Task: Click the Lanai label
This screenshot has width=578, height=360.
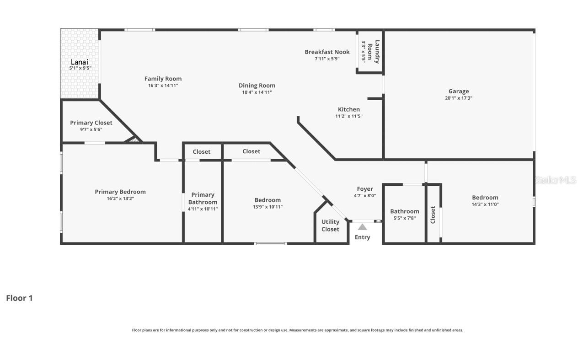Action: click(79, 62)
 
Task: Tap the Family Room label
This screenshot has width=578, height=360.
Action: click(163, 79)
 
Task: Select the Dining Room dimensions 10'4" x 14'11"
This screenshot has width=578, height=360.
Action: click(257, 92)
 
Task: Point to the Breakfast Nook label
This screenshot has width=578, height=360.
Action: click(327, 52)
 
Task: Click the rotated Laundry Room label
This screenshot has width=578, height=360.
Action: click(374, 51)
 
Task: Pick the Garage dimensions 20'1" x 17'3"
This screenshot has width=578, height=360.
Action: click(458, 98)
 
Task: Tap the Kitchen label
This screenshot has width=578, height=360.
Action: click(348, 109)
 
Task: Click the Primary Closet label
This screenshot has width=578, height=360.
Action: click(91, 123)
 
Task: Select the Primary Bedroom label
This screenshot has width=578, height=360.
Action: click(120, 192)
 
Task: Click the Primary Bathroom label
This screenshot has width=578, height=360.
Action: click(203, 198)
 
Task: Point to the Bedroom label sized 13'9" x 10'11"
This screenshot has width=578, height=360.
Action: click(268, 200)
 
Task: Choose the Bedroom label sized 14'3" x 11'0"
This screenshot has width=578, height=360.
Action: click(485, 198)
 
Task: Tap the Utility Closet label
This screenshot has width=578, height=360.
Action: click(330, 226)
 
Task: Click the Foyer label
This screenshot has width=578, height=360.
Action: click(364, 189)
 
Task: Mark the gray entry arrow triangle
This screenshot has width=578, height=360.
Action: click(362, 227)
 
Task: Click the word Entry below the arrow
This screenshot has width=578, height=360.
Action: click(362, 237)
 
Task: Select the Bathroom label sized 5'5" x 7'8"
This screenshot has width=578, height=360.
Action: click(404, 211)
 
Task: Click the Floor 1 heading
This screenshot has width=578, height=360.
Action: click(19, 298)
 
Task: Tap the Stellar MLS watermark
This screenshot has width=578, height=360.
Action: click(555, 180)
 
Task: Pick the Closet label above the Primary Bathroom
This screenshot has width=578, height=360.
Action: click(201, 151)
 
